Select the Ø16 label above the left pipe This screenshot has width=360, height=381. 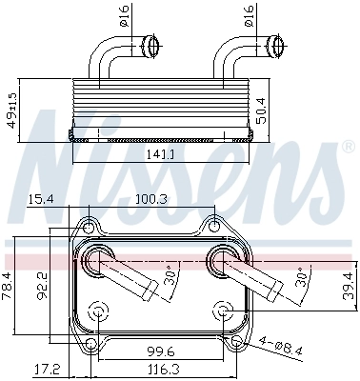(150, 17)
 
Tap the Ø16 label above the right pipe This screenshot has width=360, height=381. (276, 17)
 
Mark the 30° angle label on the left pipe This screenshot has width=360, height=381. (170, 276)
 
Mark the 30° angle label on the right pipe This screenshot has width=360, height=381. (301, 276)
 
